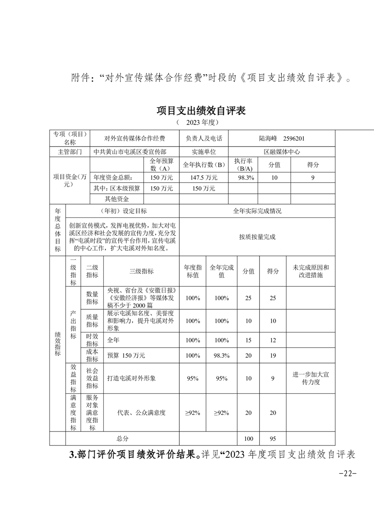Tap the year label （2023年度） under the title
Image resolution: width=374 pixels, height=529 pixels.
198,122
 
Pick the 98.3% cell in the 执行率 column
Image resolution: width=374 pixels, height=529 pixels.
245,178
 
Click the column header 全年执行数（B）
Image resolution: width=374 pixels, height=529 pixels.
203,165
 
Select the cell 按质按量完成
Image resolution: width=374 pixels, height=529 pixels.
257,237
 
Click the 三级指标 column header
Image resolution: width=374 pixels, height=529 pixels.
141,271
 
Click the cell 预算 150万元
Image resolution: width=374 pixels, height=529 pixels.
126,355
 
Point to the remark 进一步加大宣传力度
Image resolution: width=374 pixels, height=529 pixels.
310,378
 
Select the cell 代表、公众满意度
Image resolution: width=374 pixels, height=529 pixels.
141,413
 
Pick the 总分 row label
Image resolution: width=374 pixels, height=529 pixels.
122,438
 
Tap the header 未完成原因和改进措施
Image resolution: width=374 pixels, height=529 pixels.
310,271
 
